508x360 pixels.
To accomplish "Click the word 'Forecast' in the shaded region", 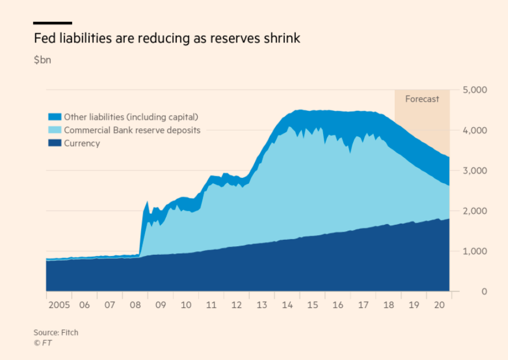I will pos(422,99).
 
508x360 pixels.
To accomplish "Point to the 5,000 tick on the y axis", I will pos(476,90).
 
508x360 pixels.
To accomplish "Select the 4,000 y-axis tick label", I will pos(476,131).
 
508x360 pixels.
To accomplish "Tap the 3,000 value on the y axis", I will pos(476,171).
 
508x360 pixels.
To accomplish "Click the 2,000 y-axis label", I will pos(476,211).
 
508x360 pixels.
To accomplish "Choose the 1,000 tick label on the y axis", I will pos(476,252).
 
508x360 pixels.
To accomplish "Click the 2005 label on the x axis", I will pos(58,305).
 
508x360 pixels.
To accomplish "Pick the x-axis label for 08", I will pos(135,305).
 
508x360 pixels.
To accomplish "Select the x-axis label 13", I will pos(262,305).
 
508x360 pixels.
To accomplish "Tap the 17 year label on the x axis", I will pos(364,305).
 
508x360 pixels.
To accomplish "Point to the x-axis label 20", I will pos(439,305).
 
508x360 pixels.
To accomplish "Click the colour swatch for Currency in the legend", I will pos(55,143).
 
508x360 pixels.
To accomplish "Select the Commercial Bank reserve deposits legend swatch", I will pos(55,130).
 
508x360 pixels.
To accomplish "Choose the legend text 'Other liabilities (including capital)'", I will pos(131,117).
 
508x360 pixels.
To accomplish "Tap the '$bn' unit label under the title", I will pos(42,60).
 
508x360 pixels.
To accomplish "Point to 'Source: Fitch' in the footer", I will pos(56,332).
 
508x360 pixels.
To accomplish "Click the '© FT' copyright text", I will pos(42,343).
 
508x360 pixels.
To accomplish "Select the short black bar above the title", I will pos(53,23).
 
